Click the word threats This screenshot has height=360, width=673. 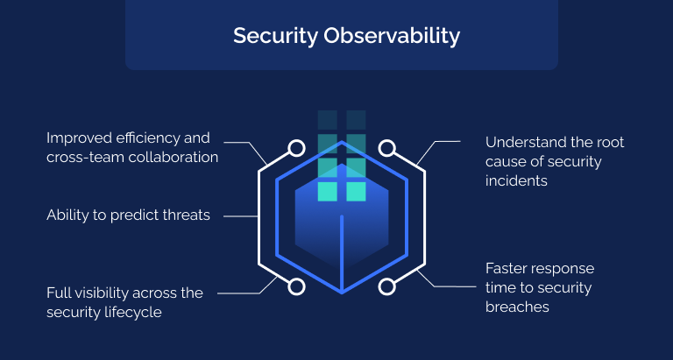[x=182, y=215]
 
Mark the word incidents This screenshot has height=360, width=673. [x=516, y=180]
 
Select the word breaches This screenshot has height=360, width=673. [x=517, y=307]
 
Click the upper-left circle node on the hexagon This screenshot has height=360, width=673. [x=297, y=148]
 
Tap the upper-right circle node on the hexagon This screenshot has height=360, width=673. [x=386, y=148]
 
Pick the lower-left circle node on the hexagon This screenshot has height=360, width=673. [x=297, y=286]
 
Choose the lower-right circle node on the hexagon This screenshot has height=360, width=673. [x=386, y=286]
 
